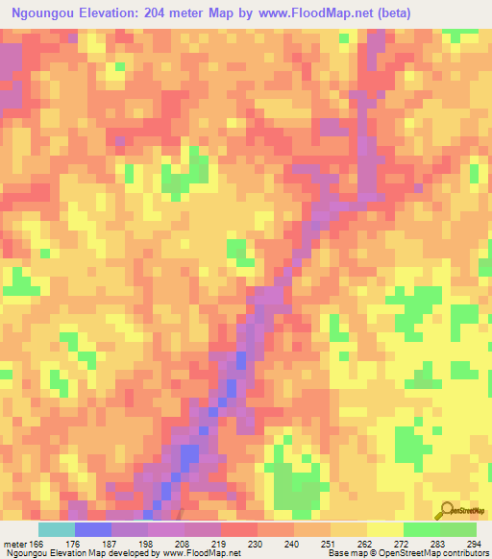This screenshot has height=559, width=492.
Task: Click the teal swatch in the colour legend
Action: point(56,529)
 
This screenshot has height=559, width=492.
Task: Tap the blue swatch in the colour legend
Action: point(92,529)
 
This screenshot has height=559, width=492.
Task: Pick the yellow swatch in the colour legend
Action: point(384,529)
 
